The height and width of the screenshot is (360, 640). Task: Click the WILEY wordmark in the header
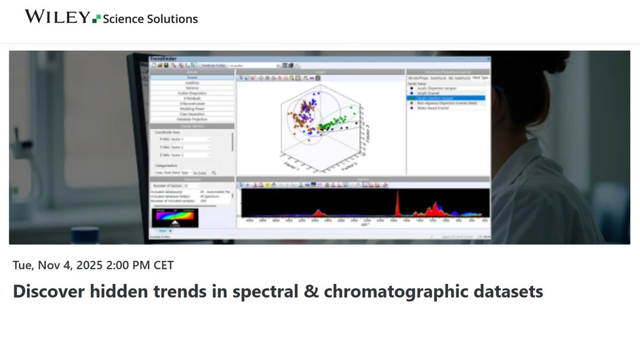[57, 17]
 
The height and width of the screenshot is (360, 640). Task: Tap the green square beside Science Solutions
[96, 18]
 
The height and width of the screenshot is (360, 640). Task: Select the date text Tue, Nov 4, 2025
[59, 265]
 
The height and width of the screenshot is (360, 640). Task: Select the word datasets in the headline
[505, 292]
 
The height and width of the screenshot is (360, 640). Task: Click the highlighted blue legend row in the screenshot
[445, 98]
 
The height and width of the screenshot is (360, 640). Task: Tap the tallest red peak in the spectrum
[397, 203]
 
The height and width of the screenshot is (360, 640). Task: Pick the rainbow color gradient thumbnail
[175, 218]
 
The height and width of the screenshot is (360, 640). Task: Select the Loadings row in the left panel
[193, 83]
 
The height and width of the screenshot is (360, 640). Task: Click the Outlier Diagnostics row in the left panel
[193, 93]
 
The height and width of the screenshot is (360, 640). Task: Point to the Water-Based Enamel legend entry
[437, 108]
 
